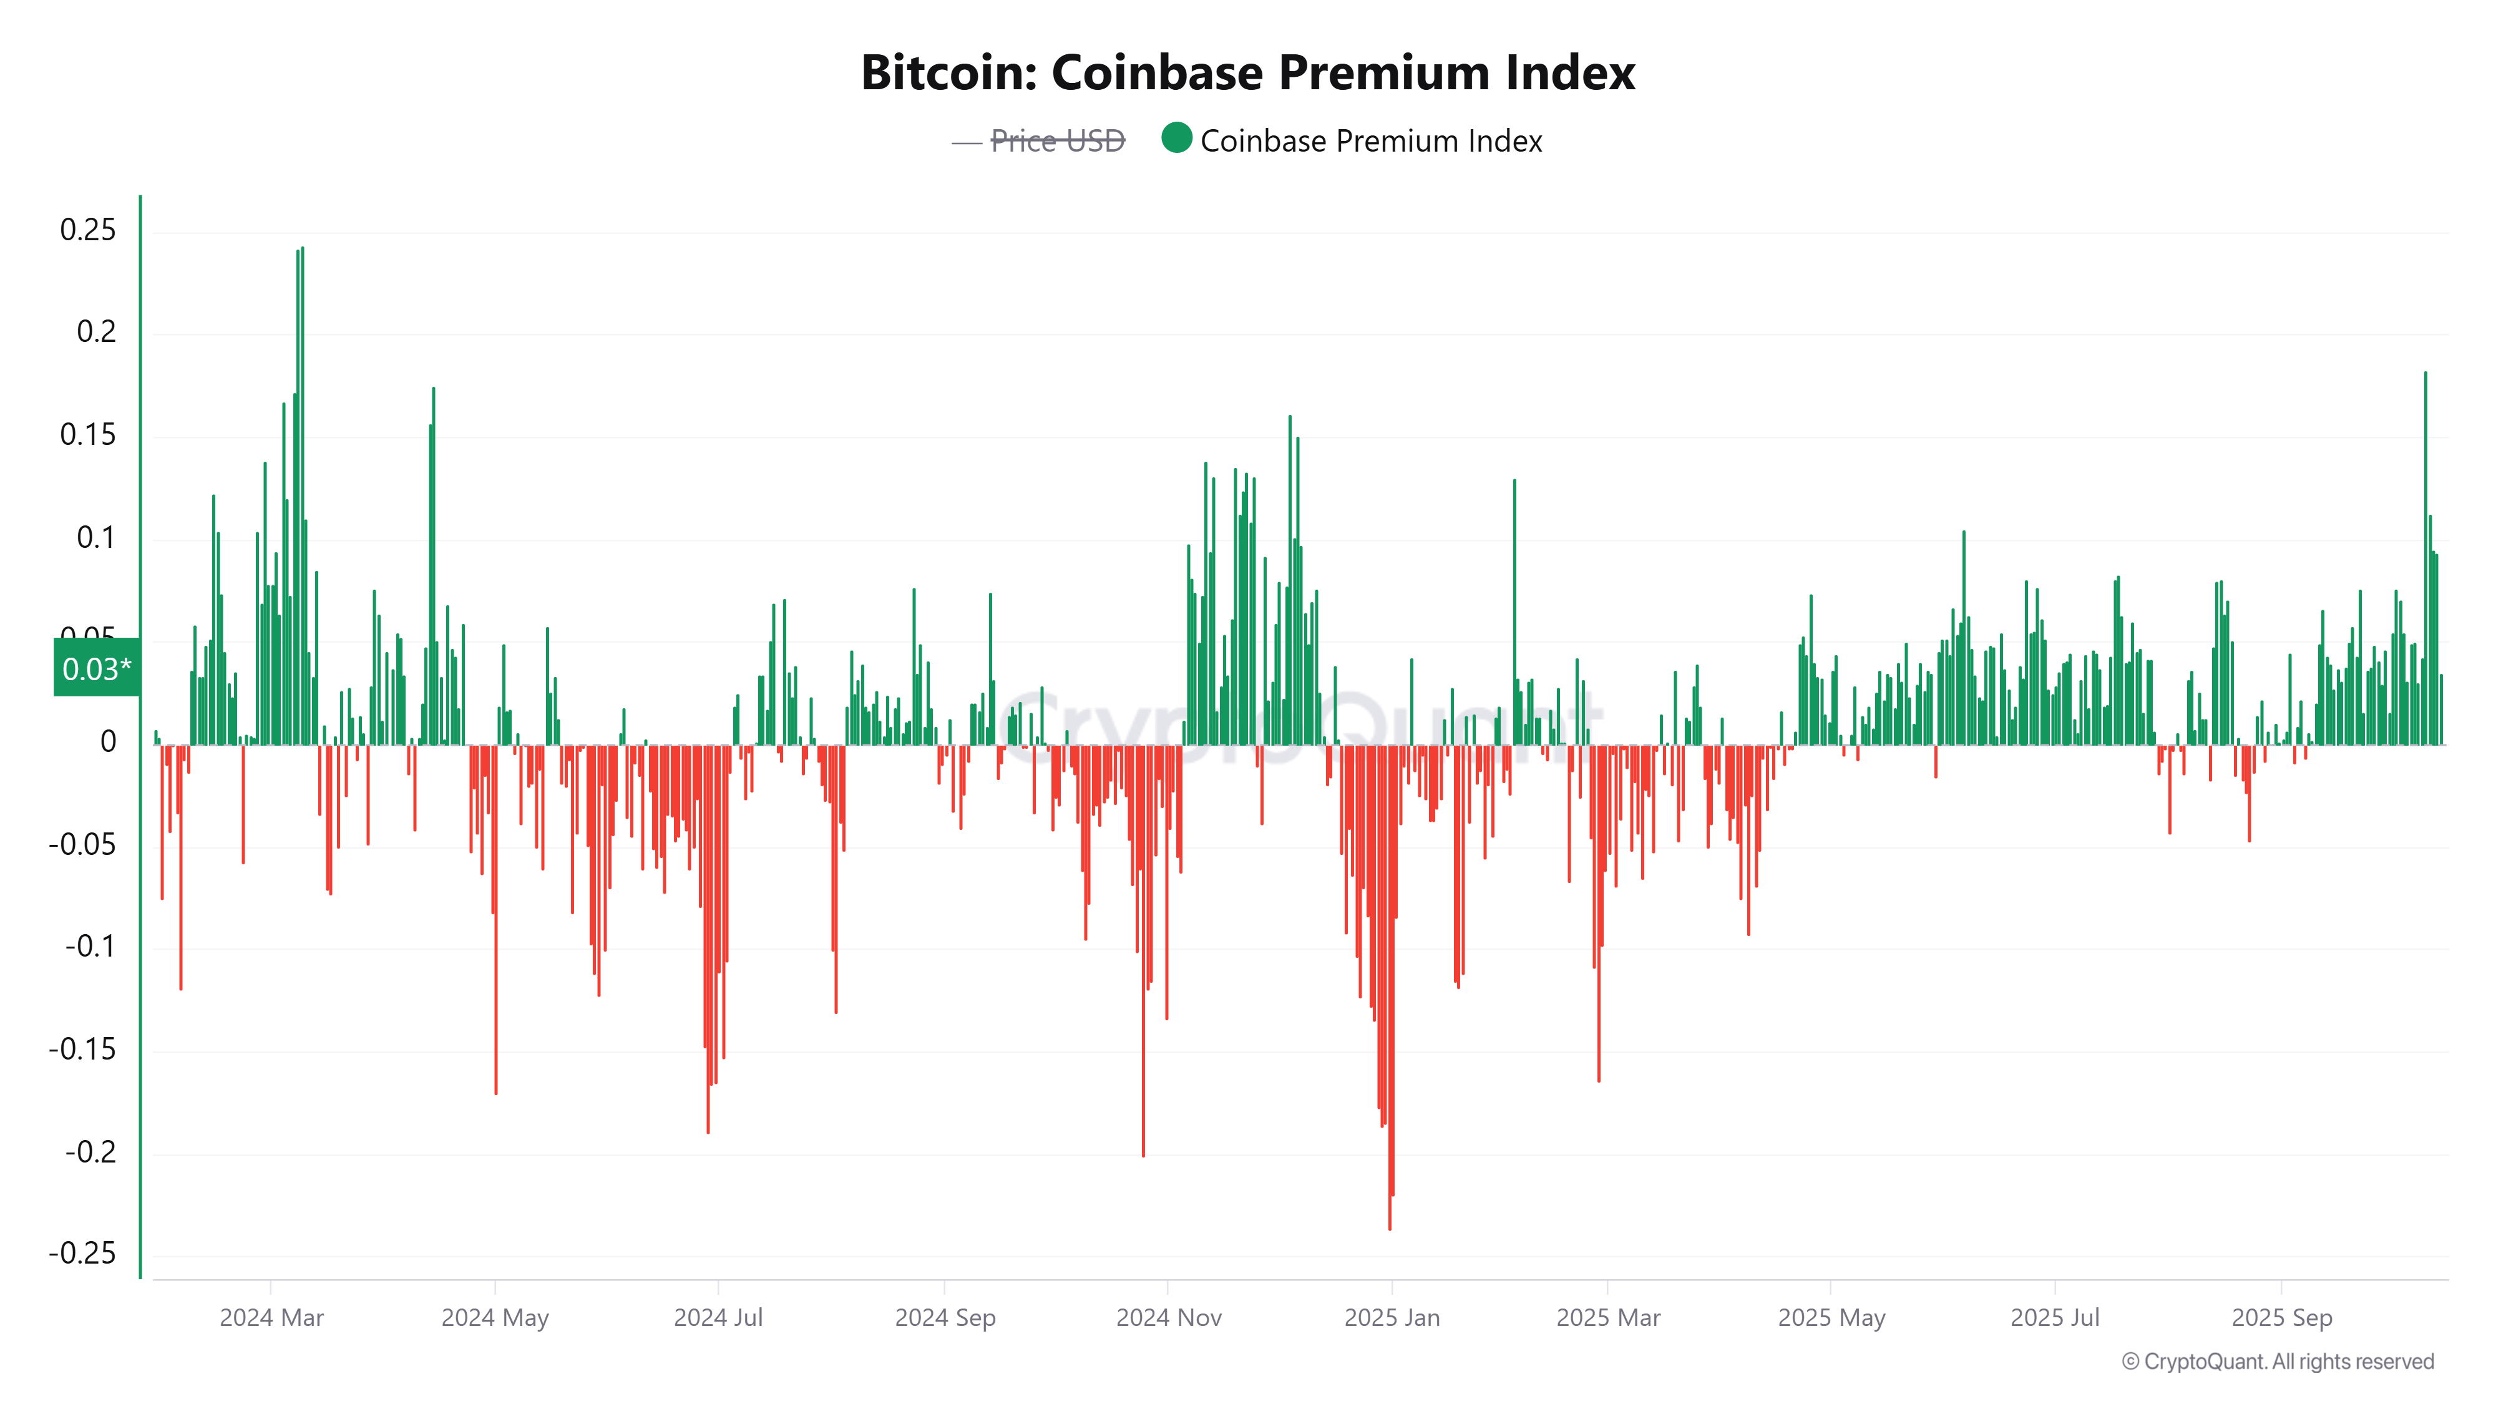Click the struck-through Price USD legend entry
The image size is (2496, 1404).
tap(1056, 142)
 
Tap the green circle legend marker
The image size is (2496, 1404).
tap(1176, 139)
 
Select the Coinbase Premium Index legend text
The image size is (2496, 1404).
tap(1370, 142)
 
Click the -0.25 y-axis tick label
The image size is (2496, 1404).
tap(82, 1254)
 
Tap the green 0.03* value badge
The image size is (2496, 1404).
tap(96, 668)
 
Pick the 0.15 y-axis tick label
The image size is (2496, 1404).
tap(87, 435)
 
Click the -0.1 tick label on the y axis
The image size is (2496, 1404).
tap(90, 947)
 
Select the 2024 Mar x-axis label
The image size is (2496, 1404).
tap(271, 1318)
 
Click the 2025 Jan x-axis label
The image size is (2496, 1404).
tap(1392, 1318)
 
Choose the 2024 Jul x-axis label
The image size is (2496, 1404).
tap(718, 1318)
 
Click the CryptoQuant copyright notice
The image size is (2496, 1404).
tap(2277, 1362)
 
